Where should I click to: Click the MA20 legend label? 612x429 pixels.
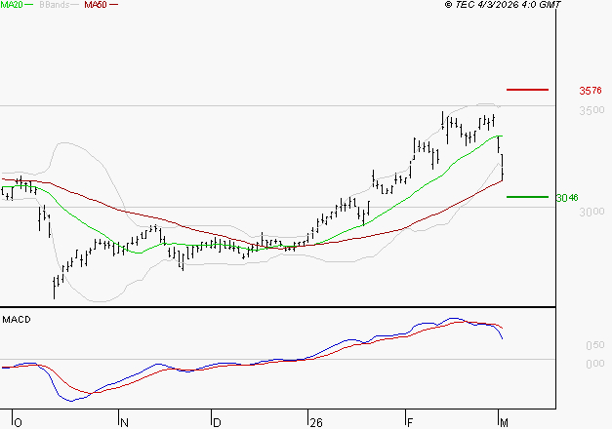coord(13,5)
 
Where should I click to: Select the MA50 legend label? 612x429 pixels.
coord(97,5)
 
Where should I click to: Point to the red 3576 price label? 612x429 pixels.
coord(591,91)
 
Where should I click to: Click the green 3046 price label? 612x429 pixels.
coord(567,198)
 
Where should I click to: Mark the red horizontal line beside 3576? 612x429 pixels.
coord(528,90)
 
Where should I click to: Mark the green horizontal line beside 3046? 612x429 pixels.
coord(527,197)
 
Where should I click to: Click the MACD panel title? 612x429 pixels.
coord(17,319)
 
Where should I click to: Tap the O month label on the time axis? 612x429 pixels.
coord(17,422)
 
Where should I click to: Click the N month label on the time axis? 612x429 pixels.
coord(124,422)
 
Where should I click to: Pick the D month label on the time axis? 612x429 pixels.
coord(217,422)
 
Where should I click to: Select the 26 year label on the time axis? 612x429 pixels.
coord(315,422)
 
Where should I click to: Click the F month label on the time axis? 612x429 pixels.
coord(410,422)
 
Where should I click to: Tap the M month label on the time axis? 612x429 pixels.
coord(504,422)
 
